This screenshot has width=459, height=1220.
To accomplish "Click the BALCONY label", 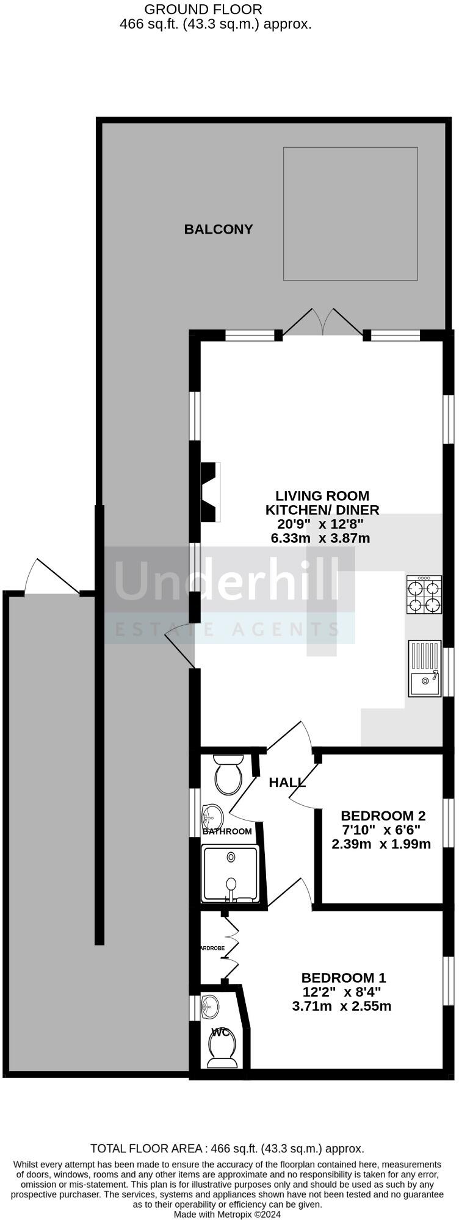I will (219, 229).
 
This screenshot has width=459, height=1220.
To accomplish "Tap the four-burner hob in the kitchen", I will (424, 594).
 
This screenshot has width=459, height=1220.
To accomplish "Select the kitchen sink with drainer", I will (425, 668).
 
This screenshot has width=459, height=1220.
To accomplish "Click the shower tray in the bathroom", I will (230, 874).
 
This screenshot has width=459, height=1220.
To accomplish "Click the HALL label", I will (287, 783).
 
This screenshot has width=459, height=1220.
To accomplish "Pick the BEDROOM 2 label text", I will (383, 816).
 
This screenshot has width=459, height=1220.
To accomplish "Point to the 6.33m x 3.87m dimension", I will (320, 538).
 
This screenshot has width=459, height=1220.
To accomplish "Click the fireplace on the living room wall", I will (210, 492).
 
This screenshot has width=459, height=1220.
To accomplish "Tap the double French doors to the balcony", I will (323, 322).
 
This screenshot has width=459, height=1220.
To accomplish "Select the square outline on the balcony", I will (350, 213).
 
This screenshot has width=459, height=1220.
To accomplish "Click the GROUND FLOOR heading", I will (203, 9).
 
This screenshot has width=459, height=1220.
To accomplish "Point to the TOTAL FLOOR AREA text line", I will (228, 1149).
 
